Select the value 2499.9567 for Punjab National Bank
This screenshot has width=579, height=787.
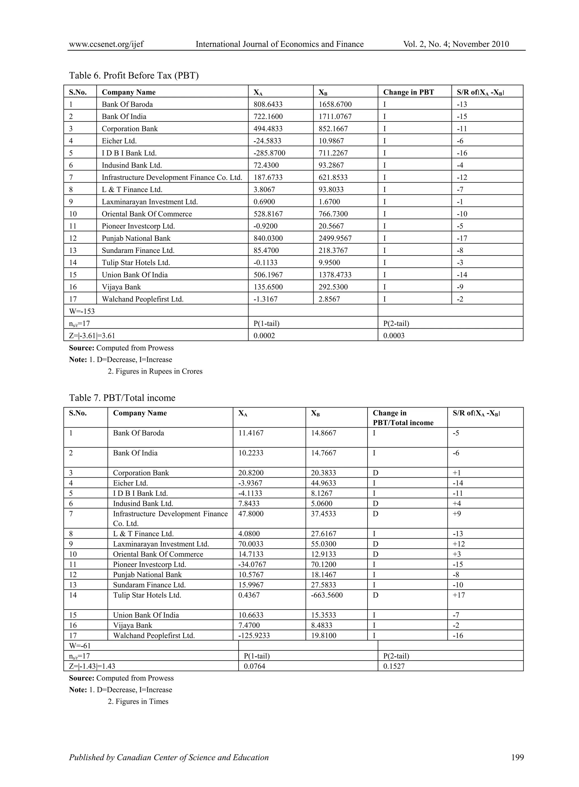point(335,238)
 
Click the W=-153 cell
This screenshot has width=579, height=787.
point(82,311)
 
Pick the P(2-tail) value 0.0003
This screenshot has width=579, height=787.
point(394,335)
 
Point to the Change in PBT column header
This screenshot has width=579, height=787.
point(408,92)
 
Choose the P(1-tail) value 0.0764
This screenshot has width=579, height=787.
point(254,666)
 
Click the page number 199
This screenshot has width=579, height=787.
point(517,757)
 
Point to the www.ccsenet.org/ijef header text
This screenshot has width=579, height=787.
point(106,44)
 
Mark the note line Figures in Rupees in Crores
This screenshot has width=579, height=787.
point(155,371)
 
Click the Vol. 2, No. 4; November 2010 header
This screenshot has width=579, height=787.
point(456,44)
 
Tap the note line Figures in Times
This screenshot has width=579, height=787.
point(138,701)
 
